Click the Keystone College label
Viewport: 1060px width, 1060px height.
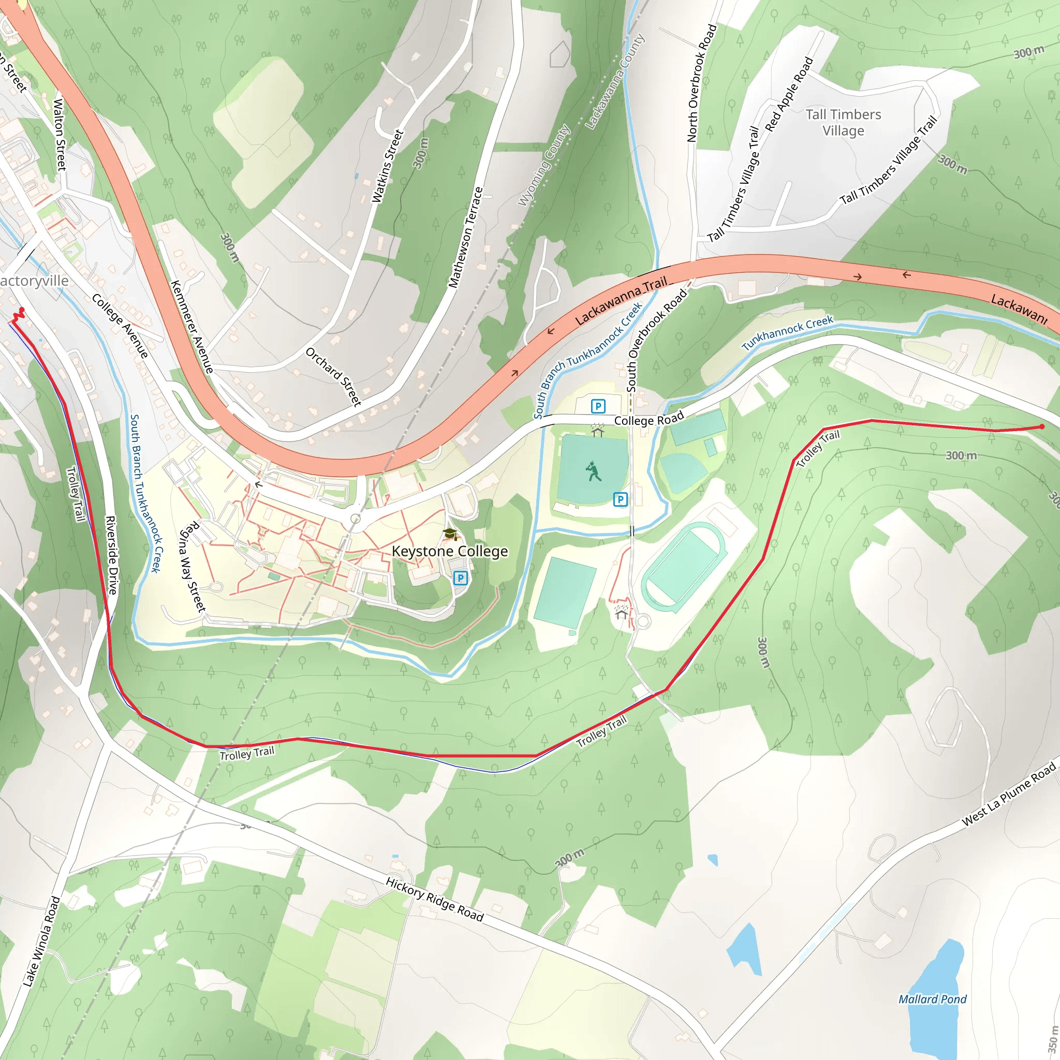pos(449,551)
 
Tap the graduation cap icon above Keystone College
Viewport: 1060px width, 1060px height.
pos(450,533)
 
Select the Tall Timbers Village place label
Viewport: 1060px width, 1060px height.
pos(843,122)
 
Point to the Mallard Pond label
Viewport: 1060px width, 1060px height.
pos(932,999)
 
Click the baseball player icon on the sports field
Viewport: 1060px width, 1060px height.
pos(593,472)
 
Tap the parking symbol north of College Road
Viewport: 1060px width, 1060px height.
pos(597,406)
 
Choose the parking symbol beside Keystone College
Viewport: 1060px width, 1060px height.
pos(460,578)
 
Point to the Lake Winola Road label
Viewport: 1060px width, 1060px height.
pos(41,941)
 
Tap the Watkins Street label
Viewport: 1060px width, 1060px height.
pos(387,166)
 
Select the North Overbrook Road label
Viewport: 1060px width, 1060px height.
pos(702,83)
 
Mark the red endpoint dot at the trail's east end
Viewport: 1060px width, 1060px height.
pos(1042,426)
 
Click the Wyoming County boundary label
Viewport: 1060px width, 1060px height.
pos(544,165)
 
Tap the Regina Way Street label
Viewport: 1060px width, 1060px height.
pos(193,567)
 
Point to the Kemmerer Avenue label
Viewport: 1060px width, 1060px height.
pos(192,327)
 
